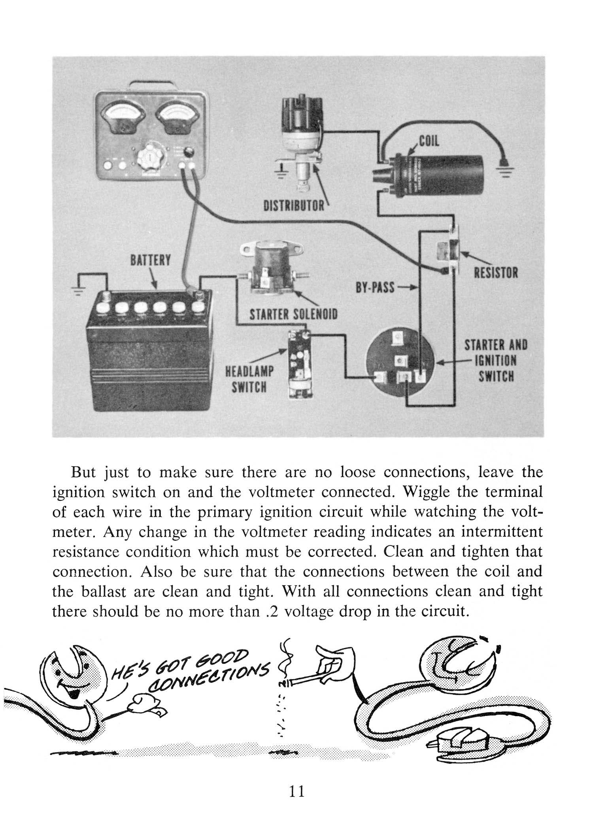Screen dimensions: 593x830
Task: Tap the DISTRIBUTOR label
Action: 294,206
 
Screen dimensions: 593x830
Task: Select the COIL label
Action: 429,141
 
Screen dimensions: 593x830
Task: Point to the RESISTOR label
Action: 496,272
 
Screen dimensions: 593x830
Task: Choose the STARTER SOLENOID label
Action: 294,315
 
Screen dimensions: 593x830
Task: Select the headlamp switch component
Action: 301,362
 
